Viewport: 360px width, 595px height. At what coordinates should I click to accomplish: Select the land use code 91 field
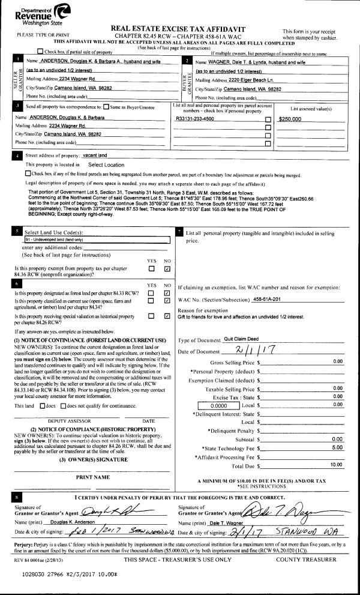click(93, 240)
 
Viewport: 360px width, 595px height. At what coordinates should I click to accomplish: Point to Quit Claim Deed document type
click(242, 339)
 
